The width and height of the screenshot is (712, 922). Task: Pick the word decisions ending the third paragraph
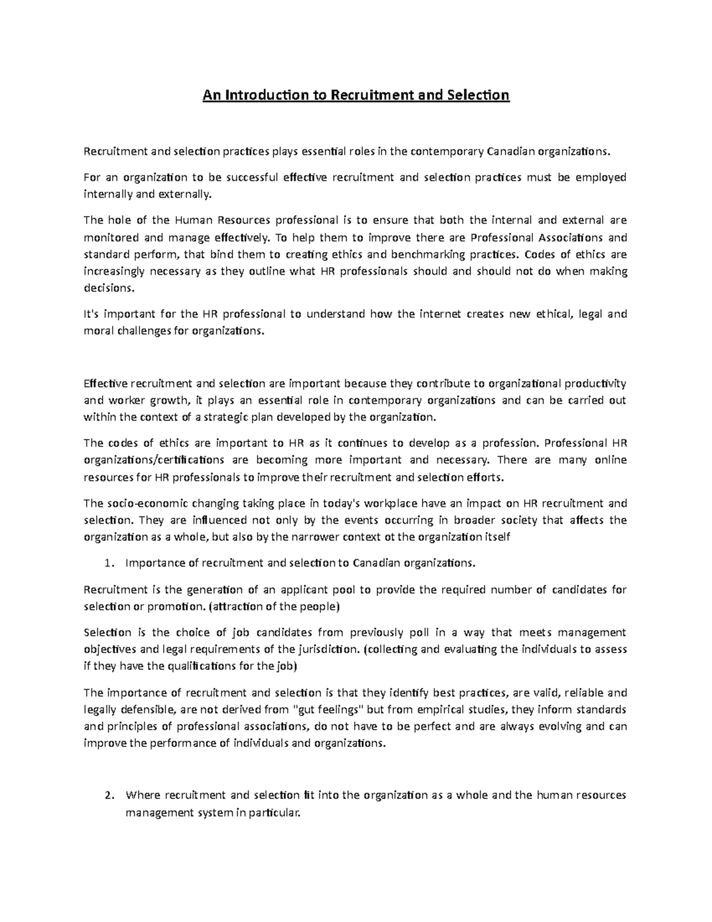(x=109, y=289)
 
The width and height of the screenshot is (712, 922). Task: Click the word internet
(x=440, y=314)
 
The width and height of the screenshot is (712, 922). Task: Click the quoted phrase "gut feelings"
(x=329, y=709)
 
